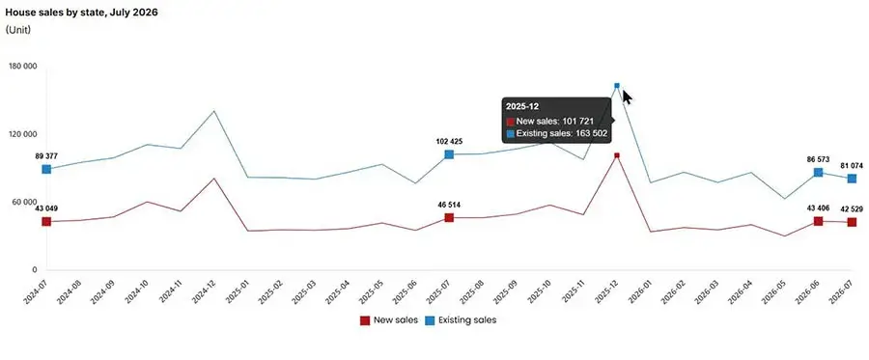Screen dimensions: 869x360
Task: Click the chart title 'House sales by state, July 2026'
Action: click(81, 13)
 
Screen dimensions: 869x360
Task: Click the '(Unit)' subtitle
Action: click(17, 30)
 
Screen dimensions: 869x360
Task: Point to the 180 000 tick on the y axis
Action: click(23, 67)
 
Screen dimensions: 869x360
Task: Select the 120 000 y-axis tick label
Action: click(23, 134)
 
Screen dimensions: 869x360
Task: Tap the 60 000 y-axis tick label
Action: click(25, 202)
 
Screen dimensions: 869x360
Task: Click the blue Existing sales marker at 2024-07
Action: click(46, 169)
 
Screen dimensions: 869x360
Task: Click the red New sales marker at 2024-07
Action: click(46, 222)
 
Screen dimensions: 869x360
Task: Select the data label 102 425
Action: click(449, 142)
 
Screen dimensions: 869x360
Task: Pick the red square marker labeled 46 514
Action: click(449, 218)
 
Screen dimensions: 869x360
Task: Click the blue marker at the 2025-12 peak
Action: click(617, 85)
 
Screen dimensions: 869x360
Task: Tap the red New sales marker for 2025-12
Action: click(617, 155)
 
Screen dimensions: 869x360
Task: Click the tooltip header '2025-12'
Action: click(519, 106)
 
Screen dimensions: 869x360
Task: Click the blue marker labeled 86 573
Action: click(818, 172)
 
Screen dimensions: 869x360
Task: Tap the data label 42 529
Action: click(852, 209)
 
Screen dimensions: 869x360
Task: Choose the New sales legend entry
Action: click(389, 320)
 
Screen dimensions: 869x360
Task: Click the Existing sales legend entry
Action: click(461, 320)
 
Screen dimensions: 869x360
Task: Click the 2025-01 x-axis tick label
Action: click(238, 290)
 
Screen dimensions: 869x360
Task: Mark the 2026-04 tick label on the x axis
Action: click(741, 290)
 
